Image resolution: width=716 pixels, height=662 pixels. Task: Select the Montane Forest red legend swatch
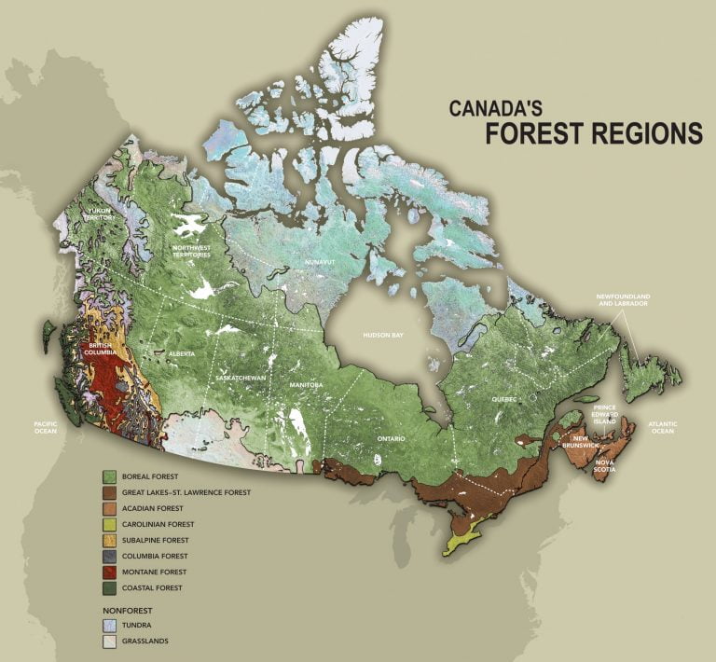pyautogui.click(x=108, y=572)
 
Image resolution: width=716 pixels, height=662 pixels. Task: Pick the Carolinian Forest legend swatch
pyautogui.click(x=108, y=524)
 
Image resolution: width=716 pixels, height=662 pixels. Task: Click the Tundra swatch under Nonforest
pyautogui.click(x=108, y=625)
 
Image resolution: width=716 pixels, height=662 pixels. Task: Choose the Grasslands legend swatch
pyautogui.click(x=108, y=641)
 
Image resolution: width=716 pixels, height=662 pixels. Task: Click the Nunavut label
pyautogui.click(x=319, y=263)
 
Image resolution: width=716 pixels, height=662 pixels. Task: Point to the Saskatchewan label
pyautogui.click(x=241, y=378)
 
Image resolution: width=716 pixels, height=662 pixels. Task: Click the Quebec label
pyautogui.click(x=504, y=398)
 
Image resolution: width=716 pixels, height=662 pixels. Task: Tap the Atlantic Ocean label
pyautogui.click(x=663, y=427)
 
